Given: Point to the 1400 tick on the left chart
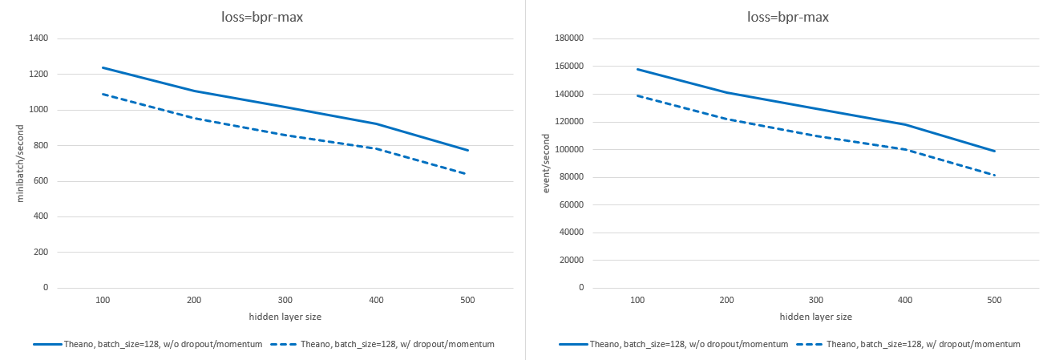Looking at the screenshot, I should point(38,38).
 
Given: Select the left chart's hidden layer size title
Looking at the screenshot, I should point(285,318).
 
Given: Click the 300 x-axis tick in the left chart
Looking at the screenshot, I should point(285,300).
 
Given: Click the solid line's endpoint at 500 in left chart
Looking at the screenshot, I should point(467,150).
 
